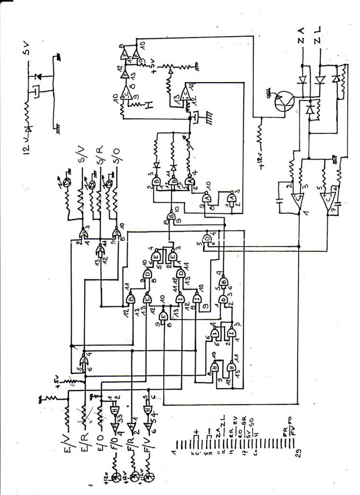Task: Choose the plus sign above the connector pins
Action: (x=196, y=432)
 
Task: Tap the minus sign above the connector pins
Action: (x=209, y=432)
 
